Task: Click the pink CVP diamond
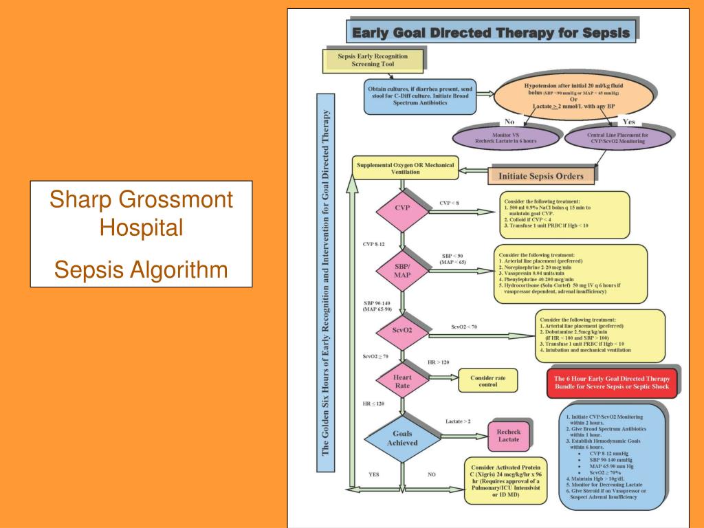(402, 208)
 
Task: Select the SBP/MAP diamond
(402, 270)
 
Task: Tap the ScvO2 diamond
(402, 331)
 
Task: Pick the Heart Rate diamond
(402, 381)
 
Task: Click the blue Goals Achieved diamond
(402, 439)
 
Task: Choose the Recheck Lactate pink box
(508, 434)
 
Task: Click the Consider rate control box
(487, 382)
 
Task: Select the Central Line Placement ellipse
(617, 138)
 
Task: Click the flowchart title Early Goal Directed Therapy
(490, 32)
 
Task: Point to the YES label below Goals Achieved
(374, 474)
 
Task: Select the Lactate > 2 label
(458, 421)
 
